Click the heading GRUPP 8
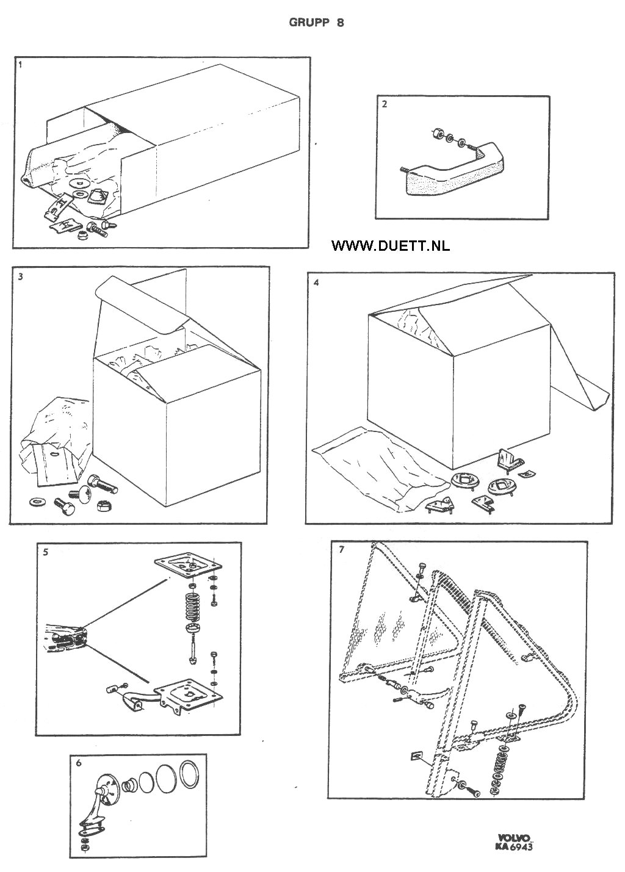pos(316,23)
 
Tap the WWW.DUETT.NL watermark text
pos(391,245)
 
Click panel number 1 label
pos(20,63)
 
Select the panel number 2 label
pos(384,104)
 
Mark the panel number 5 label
pos(46,552)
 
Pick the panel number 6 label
pos(79,762)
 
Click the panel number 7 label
pos(341,550)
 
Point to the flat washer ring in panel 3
pos(37,502)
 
